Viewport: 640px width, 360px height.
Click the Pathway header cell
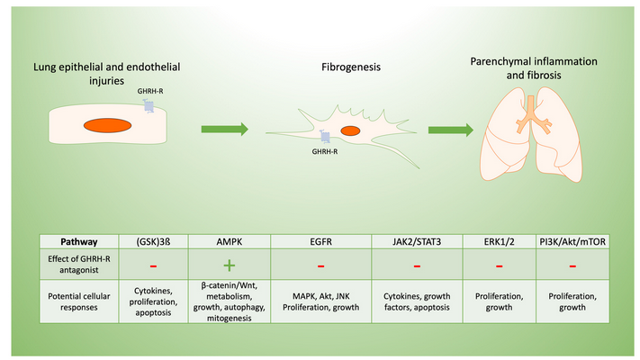pyautogui.click(x=79, y=241)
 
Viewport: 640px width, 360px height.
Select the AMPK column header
pyautogui.click(x=229, y=241)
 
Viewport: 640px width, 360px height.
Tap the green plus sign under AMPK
pyautogui.click(x=230, y=265)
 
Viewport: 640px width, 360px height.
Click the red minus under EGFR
pyautogui.click(x=320, y=266)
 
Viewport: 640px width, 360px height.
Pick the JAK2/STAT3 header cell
pyautogui.click(x=417, y=241)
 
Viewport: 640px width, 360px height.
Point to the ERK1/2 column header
pyautogui.click(x=500, y=241)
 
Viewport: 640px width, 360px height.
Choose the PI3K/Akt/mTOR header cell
pyautogui.click(x=572, y=241)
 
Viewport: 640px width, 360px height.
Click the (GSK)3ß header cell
pyautogui.click(x=153, y=241)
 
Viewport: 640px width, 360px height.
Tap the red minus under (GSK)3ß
pyautogui.click(x=153, y=266)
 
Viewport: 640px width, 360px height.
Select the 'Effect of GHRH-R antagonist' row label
pyautogui.click(x=79, y=264)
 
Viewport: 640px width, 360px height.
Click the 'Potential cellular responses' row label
pyautogui.click(x=79, y=301)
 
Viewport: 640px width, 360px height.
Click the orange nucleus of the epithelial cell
pyautogui.click(x=107, y=125)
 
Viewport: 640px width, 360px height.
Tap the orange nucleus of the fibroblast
pyautogui.click(x=350, y=130)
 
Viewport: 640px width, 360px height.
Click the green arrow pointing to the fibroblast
pyautogui.click(x=225, y=129)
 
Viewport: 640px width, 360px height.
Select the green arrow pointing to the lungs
pyautogui.click(x=451, y=130)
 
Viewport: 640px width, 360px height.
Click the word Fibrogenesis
pyautogui.click(x=351, y=67)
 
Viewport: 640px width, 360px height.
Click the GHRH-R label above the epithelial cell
pyautogui.click(x=150, y=91)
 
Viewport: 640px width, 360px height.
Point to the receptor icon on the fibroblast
pyautogui.click(x=325, y=136)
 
